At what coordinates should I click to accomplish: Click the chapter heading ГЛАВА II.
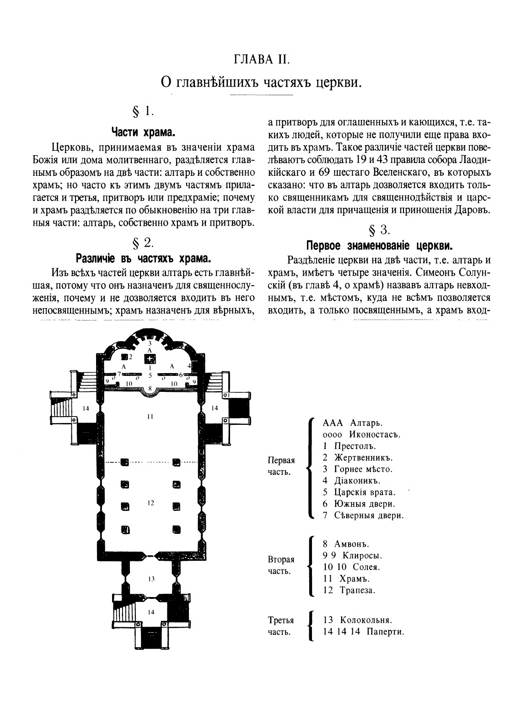point(262,60)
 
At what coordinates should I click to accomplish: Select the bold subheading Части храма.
point(144,133)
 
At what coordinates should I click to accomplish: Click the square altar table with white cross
point(150,358)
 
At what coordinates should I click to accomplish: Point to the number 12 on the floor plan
point(150,503)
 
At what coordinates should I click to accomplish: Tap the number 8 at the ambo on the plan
point(150,388)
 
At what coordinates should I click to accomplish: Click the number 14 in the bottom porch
point(150,612)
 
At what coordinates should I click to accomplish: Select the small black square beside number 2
point(124,357)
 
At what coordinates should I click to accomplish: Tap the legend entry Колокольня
point(365,620)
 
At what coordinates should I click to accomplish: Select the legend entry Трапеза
point(357,590)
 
